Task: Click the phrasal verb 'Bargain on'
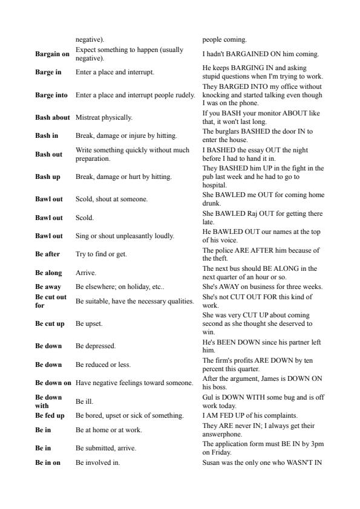click(x=52, y=54)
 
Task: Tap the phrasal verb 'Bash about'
click(x=53, y=117)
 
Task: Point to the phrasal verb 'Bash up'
click(x=48, y=177)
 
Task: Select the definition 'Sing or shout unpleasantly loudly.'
click(x=125, y=236)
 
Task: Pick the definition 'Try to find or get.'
click(x=101, y=254)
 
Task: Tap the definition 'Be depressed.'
click(x=96, y=346)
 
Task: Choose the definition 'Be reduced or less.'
click(x=103, y=365)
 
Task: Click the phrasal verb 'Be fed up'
click(x=50, y=415)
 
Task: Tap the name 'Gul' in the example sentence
click(x=208, y=397)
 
